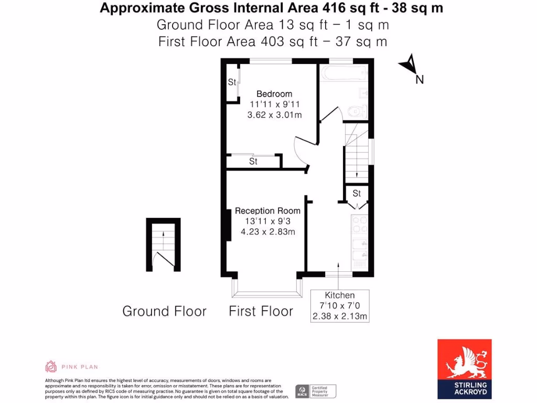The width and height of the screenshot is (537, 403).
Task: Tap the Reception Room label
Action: coord(267,211)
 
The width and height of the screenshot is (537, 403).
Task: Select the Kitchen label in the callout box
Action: coord(340,295)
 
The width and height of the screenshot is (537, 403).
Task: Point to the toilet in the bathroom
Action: coord(356,111)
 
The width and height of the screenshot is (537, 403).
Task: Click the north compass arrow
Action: coord(409,65)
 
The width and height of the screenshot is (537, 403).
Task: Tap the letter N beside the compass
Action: coord(420,80)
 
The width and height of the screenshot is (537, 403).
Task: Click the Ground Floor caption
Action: coord(164,311)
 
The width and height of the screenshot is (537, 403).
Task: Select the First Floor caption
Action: coord(261,311)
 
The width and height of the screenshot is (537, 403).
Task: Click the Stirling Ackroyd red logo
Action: coord(464,367)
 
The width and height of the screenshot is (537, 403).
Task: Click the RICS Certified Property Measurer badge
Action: coord(316,391)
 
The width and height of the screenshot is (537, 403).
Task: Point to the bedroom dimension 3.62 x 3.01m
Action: coord(274,115)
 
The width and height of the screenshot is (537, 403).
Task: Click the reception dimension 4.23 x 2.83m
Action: coord(267,231)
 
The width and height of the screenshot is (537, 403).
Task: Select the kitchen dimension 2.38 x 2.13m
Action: coord(340,316)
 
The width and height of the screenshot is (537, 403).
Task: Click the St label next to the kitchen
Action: coord(357,194)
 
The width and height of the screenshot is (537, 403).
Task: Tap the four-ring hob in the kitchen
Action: coord(359,225)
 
